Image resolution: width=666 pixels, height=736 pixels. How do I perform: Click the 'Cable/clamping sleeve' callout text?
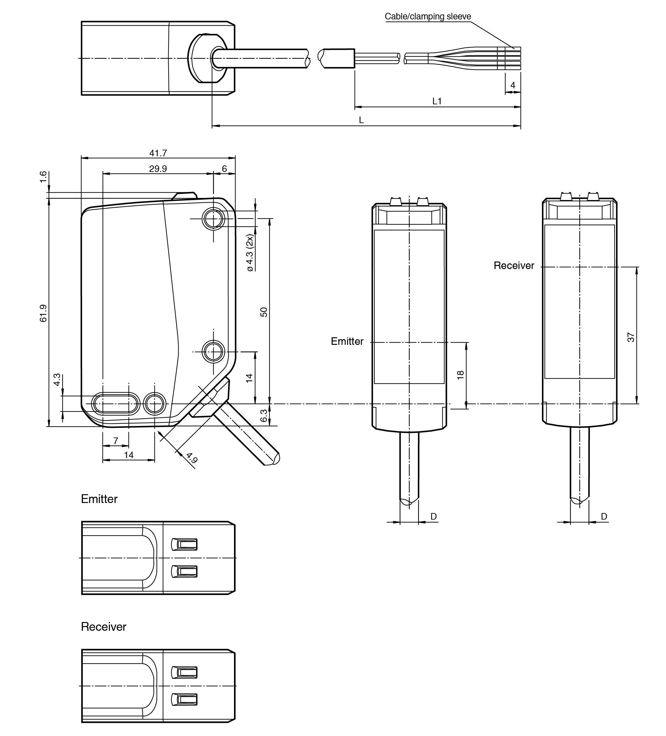pos(428,16)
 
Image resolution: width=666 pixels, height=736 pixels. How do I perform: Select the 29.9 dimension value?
pos(158,169)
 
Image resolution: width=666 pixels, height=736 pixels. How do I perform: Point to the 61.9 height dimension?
pos(44,313)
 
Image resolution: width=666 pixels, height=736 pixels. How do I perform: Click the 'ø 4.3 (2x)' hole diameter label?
pos(250,253)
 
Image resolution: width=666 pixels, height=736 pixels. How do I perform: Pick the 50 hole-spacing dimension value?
pos(264,312)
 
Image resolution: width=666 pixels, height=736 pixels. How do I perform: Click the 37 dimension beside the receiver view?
pos(631,337)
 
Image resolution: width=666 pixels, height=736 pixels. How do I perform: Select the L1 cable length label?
pos(437,101)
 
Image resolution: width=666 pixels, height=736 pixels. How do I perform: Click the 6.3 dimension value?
pos(264,416)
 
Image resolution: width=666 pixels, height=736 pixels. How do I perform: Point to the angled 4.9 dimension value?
pos(192,458)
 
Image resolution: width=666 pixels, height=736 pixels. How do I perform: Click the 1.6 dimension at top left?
pos(44,177)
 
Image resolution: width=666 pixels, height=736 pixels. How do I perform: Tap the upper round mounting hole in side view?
pos(214,219)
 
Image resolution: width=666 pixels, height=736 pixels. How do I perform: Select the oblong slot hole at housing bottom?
pos(116,404)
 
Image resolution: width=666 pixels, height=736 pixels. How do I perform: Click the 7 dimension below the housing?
pos(116,441)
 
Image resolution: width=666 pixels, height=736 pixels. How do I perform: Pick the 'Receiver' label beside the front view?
pos(514,265)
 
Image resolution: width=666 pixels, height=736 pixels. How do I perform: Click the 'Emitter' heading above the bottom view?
pos(99,499)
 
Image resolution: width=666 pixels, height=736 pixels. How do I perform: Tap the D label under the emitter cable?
pos(434,516)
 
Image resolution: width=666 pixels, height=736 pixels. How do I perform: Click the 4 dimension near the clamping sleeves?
pos(513,85)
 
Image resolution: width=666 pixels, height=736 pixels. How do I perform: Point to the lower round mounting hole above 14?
pos(214,352)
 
